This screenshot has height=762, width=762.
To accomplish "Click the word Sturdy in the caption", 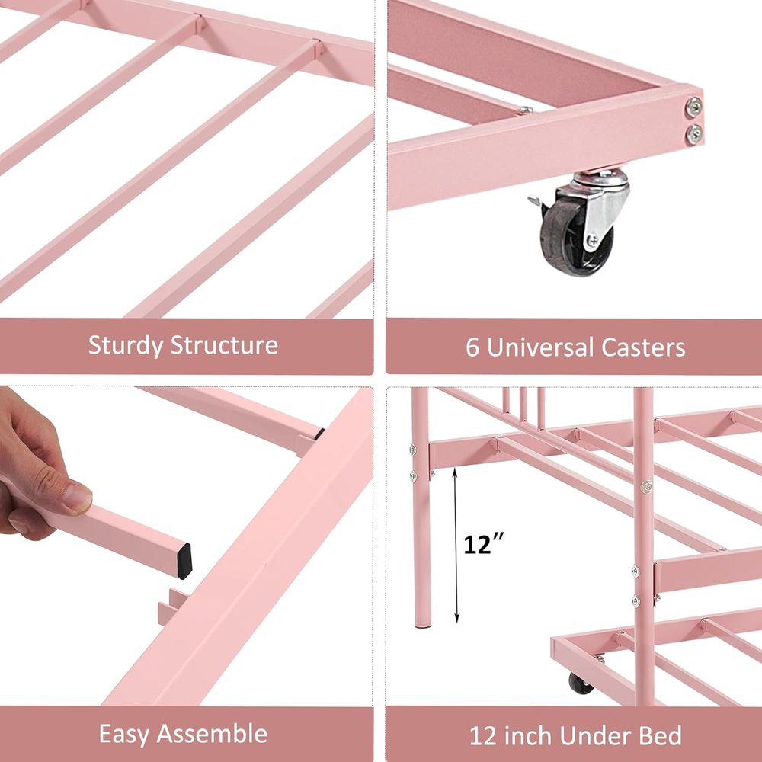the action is click(x=126, y=345).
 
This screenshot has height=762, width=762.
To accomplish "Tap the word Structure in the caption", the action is click(x=224, y=344).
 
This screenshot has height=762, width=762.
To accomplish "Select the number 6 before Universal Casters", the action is click(x=472, y=347).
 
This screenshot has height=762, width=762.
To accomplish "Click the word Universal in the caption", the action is click(x=540, y=347).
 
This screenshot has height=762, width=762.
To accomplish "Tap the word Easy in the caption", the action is click(x=124, y=735).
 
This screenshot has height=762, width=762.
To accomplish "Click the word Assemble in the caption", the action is click(x=212, y=733).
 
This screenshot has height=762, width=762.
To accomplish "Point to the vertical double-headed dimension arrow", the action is click(x=456, y=545).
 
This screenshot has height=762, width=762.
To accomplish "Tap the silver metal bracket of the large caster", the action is click(x=597, y=204).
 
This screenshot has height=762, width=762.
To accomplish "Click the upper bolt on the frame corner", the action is click(x=693, y=107).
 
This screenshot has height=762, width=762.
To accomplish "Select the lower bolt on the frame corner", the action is click(x=694, y=134).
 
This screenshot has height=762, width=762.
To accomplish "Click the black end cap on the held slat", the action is click(x=184, y=562).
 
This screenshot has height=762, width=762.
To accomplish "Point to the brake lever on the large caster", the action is click(x=536, y=201).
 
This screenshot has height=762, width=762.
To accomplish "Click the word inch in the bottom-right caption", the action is click(x=529, y=736).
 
